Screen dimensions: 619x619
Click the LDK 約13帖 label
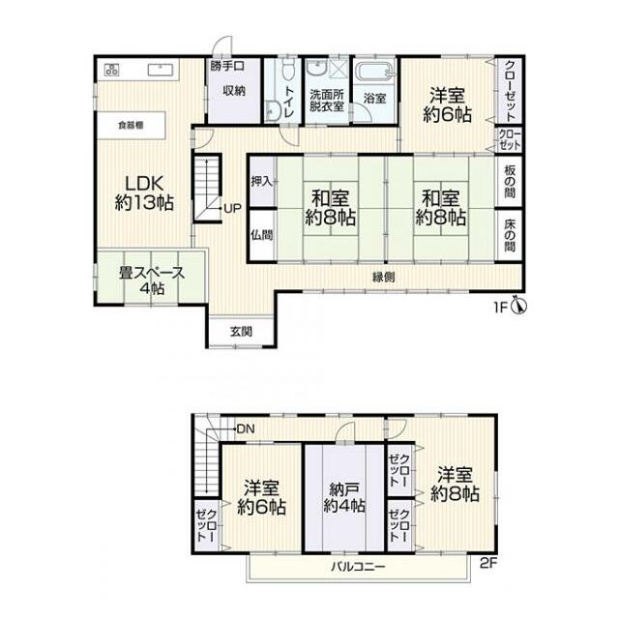coord(144,193)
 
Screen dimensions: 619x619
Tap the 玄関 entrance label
coord(241,332)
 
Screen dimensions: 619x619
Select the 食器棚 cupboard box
coord(132,125)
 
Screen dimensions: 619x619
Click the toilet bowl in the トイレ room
coord(288,69)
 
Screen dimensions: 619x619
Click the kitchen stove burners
coord(112,71)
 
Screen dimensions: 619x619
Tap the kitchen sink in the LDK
coord(161,71)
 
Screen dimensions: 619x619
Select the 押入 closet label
coord(262,182)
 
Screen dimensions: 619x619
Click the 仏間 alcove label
coord(262,235)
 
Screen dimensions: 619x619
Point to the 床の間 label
coord(510,235)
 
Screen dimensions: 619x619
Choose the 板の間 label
coord(510,181)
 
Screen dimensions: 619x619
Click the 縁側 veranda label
coord(383,278)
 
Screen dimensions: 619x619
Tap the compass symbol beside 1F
coord(519,305)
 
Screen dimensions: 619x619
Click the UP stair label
coord(232,208)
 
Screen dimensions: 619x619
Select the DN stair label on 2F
coord(246,428)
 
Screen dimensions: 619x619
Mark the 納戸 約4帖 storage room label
coord(344,497)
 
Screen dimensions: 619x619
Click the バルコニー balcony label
coord(358,568)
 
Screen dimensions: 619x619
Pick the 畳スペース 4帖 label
coord(152,281)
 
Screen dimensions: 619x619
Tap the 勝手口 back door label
coord(227,66)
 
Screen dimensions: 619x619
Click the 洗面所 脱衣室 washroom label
coord(327,101)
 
